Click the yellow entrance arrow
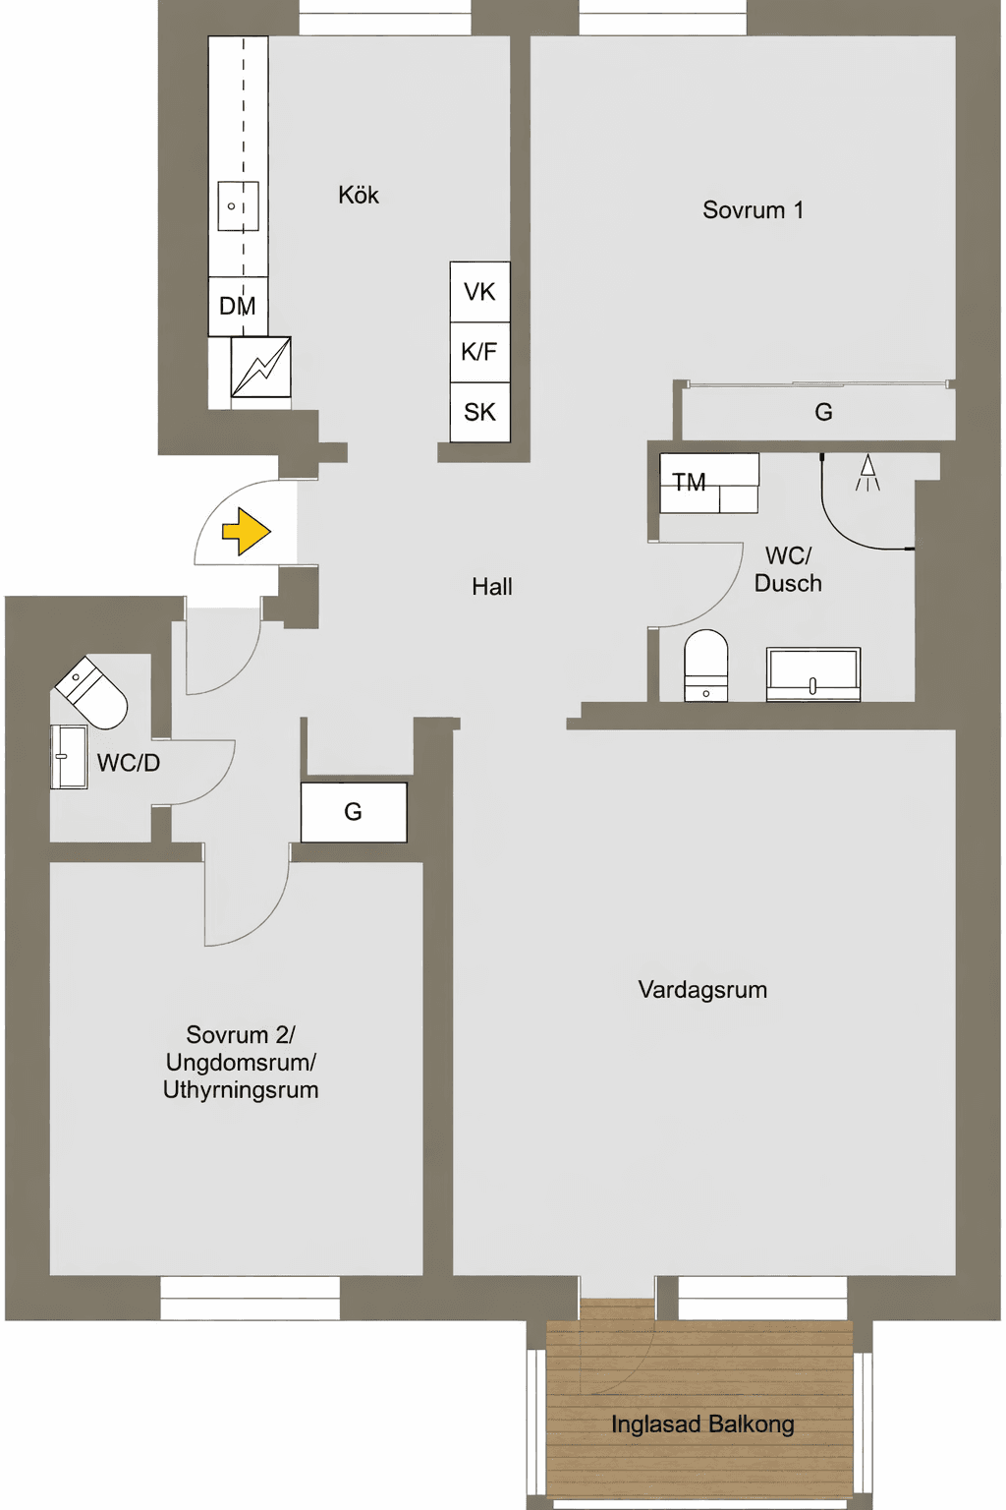[247, 531]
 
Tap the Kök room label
[359, 195]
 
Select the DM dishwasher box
[238, 306]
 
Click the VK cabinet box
[479, 292]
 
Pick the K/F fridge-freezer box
[479, 352]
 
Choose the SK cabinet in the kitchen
[479, 412]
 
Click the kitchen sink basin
[238, 205]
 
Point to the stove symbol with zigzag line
[260, 367]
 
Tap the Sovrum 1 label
[754, 209]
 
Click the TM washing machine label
[689, 482]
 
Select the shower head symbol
[867, 473]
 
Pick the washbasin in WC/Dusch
[813, 674]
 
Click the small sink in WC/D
[69, 756]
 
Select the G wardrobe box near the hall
[354, 812]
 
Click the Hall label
[492, 587]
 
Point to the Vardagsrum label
[702, 990]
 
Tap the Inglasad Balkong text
[702, 1424]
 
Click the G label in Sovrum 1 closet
[823, 412]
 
